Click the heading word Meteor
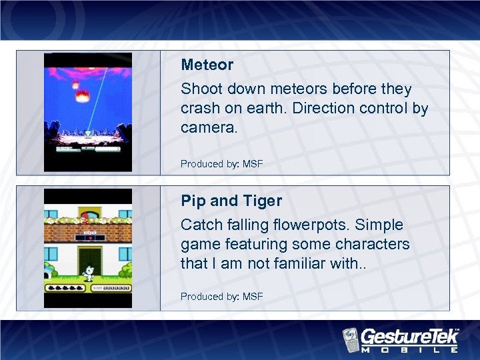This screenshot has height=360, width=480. point(207,65)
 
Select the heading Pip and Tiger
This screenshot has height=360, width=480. point(231,201)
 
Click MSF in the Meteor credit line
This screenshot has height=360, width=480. point(252,163)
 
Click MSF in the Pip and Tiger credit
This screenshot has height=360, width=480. point(252,296)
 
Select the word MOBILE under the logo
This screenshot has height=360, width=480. point(410,349)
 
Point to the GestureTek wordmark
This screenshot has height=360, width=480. point(408,335)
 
